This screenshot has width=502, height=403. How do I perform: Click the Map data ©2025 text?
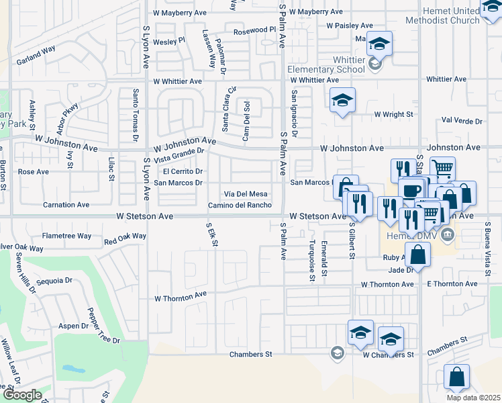[473, 398]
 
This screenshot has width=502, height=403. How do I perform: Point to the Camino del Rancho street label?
[240, 205]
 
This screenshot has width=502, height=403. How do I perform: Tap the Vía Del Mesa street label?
[246, 193]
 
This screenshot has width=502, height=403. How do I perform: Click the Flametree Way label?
[66, 236]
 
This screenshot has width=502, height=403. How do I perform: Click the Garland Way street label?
[36, 50]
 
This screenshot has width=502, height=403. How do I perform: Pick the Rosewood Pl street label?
[254, 31]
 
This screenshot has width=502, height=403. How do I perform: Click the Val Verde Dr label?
[462, 121]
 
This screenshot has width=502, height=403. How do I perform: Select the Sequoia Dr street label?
[54, 281]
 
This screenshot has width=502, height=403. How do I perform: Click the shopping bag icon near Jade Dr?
[418, 255]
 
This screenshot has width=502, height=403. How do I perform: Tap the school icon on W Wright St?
[342, 101]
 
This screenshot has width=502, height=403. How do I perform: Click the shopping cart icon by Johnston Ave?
[442, 169]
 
